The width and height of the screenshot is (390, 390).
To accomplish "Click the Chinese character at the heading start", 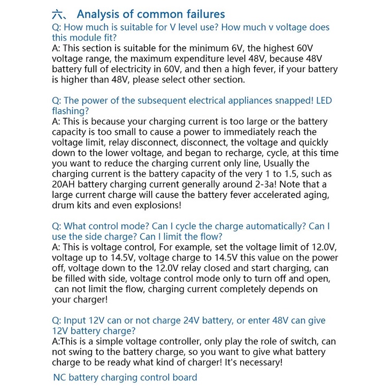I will pyautogui.click(x=58, y=14).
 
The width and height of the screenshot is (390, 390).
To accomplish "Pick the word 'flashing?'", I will pyautogui.click(x=71, y=111).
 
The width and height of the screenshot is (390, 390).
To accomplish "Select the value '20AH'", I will pyautogui.click(x=65, y=184).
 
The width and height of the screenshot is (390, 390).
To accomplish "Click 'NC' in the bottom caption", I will pyautogui.click(x=60, y=377).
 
